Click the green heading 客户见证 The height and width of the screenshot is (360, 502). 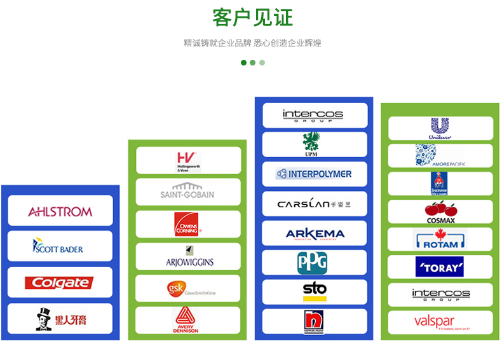(x=252, y=17)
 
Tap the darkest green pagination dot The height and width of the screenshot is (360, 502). (x=243, y=62)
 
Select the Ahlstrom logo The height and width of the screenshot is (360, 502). (x=60, y=211)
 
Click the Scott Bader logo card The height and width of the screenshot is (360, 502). (x=60, y=246)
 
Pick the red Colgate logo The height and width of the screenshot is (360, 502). (x=60, y=282)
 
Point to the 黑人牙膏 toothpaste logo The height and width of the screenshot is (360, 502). (x=60, y=319)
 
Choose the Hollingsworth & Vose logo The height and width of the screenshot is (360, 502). (x=188, y=161)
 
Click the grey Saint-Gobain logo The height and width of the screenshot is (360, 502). (x=188, y=192)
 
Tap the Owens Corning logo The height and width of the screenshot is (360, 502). (x=188, y=224)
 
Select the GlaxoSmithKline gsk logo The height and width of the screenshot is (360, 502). (x=188, y=289)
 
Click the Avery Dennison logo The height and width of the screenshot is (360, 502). (x=188, y=321)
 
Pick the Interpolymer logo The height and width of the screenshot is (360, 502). (x=315, y=174)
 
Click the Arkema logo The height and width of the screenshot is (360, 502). (x=315, y=233)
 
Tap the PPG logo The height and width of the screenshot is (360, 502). (x=313, y=263)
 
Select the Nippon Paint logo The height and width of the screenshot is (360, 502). (x=314, y=322)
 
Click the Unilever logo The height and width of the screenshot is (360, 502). (x=440, y=128)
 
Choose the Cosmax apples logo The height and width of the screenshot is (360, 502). (x=440, y=212)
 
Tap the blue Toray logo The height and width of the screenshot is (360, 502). (x=440, y=267)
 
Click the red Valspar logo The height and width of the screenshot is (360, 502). (x=440, y=322)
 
